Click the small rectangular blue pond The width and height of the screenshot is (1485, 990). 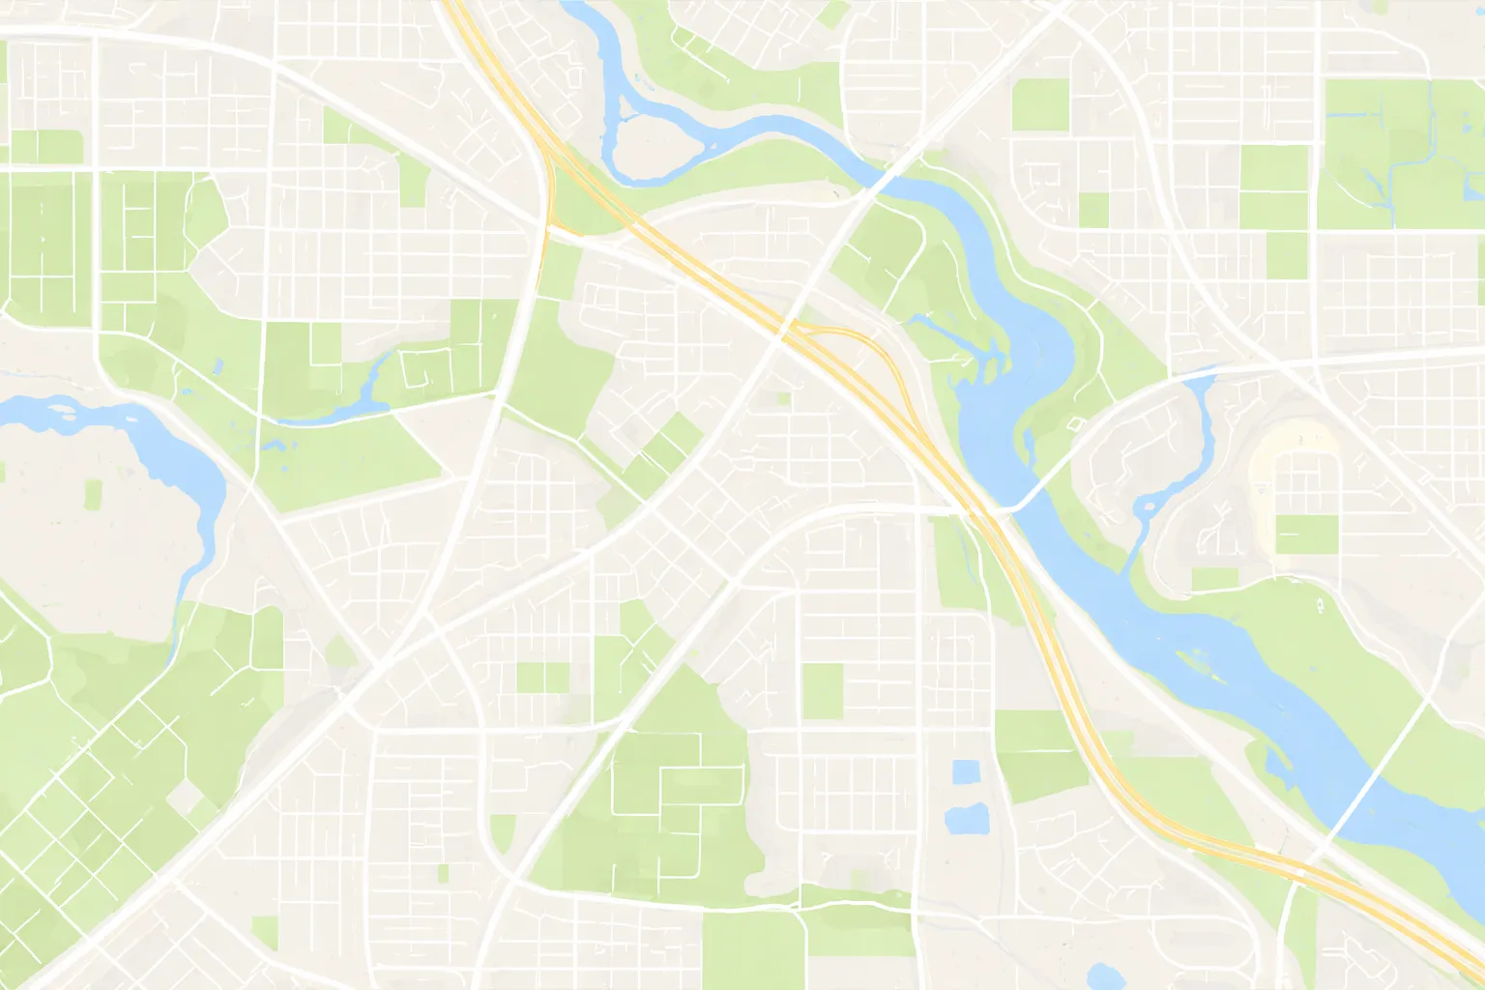click(965, 772)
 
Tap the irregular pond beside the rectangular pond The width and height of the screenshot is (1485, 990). click(966, 819)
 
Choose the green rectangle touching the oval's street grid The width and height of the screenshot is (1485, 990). click(1306, 534)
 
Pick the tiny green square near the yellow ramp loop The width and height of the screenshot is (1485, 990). click(783, 397)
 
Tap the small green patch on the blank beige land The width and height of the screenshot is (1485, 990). click(93, 494)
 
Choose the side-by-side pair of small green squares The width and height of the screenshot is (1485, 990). click(542, 677)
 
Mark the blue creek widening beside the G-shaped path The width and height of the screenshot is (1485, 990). click(373, 387)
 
